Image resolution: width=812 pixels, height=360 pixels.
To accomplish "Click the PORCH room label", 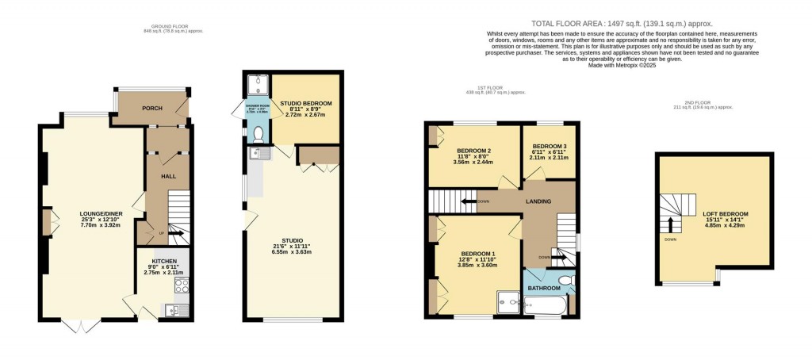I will point(151,108).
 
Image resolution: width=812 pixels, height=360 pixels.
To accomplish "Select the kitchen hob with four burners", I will point(181,285).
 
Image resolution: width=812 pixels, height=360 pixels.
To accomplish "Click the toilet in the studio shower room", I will point(257,135).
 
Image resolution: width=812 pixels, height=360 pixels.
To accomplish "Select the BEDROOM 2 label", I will point(473,151).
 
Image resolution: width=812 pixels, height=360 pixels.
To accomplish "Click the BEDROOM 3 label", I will point(549,147).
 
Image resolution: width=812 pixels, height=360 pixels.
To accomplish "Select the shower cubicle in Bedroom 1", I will point(505,301).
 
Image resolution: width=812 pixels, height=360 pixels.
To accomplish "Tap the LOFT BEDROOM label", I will point(725,214).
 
